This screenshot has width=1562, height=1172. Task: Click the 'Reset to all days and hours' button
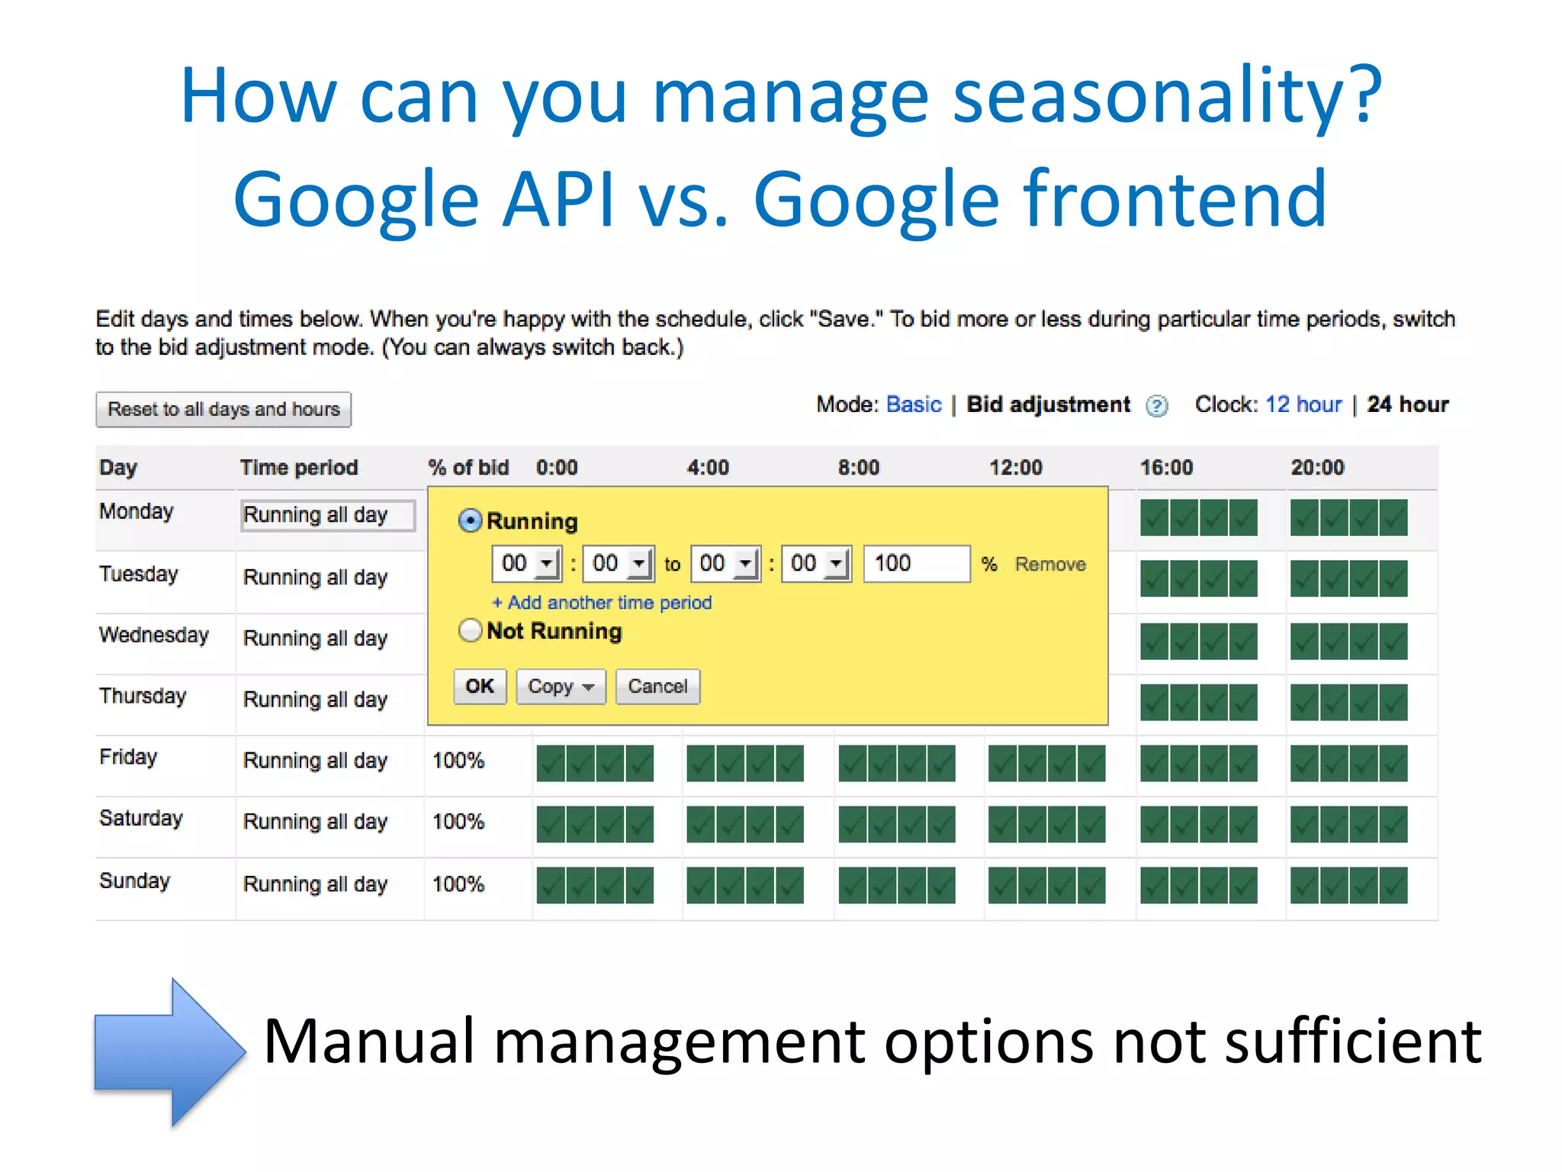click(x=223, y=410)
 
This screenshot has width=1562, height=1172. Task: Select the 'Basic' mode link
click(x=913, y=404)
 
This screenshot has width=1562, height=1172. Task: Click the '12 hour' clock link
click(x=1303, y=404)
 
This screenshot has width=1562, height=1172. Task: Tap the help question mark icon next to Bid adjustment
click(x=1156, y=406)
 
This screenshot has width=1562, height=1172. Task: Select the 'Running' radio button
click(x=471, y=521)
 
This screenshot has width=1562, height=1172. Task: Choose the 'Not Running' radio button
click(x=471, y=631)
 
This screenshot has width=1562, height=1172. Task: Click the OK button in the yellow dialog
click(x=480, y=687)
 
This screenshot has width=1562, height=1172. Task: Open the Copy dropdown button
click(x=561, y=687)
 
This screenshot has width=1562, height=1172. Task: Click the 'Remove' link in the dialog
click(x=1049, y=565)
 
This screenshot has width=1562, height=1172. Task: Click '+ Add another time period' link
click(x=602, y=603)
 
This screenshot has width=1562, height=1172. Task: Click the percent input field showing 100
click(x=915, y=564)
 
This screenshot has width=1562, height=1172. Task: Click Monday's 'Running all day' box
click(x=328, y=515)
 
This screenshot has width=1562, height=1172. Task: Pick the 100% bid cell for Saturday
click(x=458, y=822)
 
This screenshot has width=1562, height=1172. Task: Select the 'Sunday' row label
click(x=135, y=881)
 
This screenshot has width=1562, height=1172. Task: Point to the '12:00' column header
click(x=1015, y=468)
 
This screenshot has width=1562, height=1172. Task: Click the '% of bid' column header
click(x=468, y=468)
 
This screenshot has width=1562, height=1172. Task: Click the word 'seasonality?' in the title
click(x=1167, y=95)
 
